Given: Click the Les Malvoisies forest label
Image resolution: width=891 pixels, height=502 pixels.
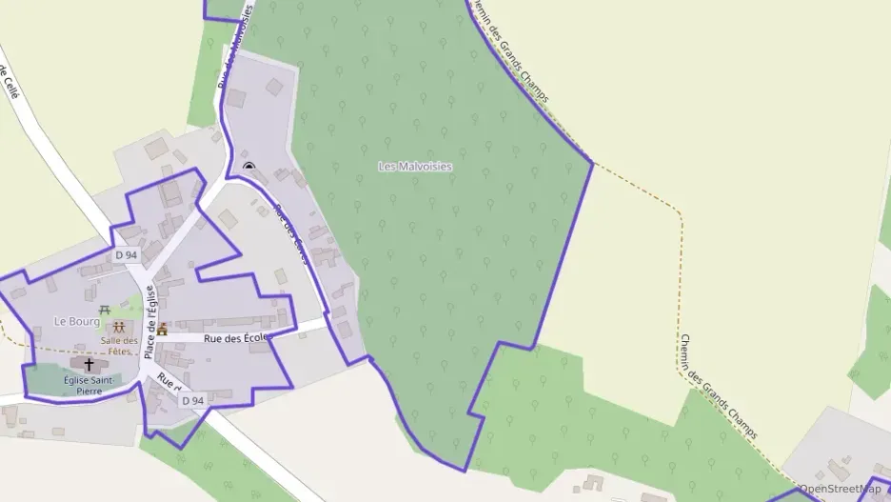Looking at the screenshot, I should click(x=415, y=167).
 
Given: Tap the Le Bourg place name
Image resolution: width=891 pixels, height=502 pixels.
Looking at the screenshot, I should click(x=76, y=322).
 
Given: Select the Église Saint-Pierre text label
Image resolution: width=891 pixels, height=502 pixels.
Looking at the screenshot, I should click(x=89, y=385).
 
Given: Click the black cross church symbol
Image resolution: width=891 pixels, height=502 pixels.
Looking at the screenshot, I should click(x=90, y=364).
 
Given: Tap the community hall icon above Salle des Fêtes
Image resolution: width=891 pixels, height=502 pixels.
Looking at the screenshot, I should click(x=118, y=328).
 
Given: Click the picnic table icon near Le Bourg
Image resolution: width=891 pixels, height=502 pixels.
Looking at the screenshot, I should click(x=106, y=309).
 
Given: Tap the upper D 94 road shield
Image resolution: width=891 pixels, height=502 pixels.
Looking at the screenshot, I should click(x=126, y=255).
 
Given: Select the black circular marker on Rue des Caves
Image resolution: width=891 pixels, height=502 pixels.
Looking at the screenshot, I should click(x=248, y=168).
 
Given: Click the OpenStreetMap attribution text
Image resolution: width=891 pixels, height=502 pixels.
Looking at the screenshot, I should click(x=840, y=490).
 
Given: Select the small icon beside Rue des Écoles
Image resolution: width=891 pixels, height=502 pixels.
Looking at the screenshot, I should click(x=163, y=330).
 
